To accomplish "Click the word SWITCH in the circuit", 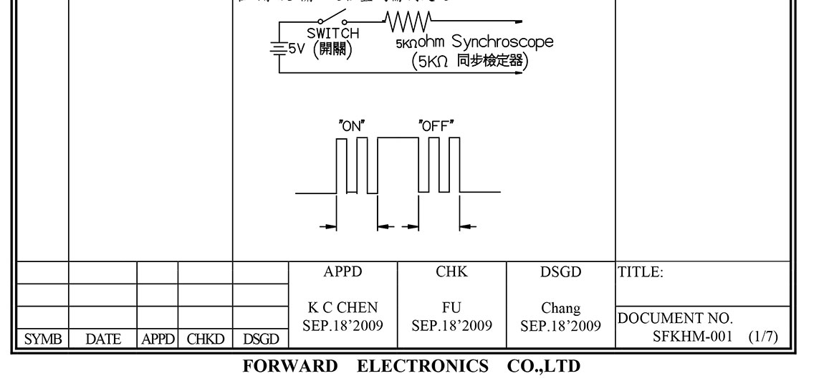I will point(333,33).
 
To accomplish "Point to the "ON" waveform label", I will point(352,125).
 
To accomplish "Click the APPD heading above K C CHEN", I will point(343,272).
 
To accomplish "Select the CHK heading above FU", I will point(451,272).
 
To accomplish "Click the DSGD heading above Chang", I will point(561,272).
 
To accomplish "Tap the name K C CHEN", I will point(343,308).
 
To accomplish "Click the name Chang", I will point(561,308).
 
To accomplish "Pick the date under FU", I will point(451,325).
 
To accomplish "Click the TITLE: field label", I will point(639,272).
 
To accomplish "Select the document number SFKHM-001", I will point(691,336).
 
